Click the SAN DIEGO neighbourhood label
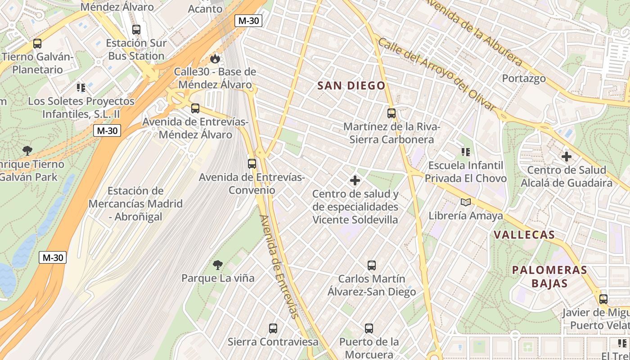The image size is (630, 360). (x=351, y=85)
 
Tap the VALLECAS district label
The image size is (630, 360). (x=524, y=234)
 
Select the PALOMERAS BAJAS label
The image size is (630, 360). (x=549, y=276)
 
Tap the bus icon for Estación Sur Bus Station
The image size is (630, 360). (x=136, y=30)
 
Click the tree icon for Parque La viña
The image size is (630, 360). (x=218, y=265)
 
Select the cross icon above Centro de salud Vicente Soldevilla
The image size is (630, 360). (x=355, y=180)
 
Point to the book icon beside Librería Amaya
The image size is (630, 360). (x=465, y=202)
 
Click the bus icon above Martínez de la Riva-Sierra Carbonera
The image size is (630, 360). (x=391, y=113)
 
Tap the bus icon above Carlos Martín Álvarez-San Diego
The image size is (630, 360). (x=371, y=265)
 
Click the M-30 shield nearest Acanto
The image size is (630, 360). (x=248, y=20)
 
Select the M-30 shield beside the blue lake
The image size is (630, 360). (x=53, y=257)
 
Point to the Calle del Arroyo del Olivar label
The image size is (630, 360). (x=436, y=75)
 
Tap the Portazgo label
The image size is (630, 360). (x=524, y=78)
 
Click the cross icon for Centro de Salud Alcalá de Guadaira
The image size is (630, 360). (x=567, y=157)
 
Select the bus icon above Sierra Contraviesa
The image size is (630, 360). (x=273, y=328)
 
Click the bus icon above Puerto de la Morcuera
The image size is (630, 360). (x=369, y=328)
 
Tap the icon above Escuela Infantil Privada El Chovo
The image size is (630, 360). (x=465, y=152)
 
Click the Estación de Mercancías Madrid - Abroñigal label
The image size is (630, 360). (x=135, y=203)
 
